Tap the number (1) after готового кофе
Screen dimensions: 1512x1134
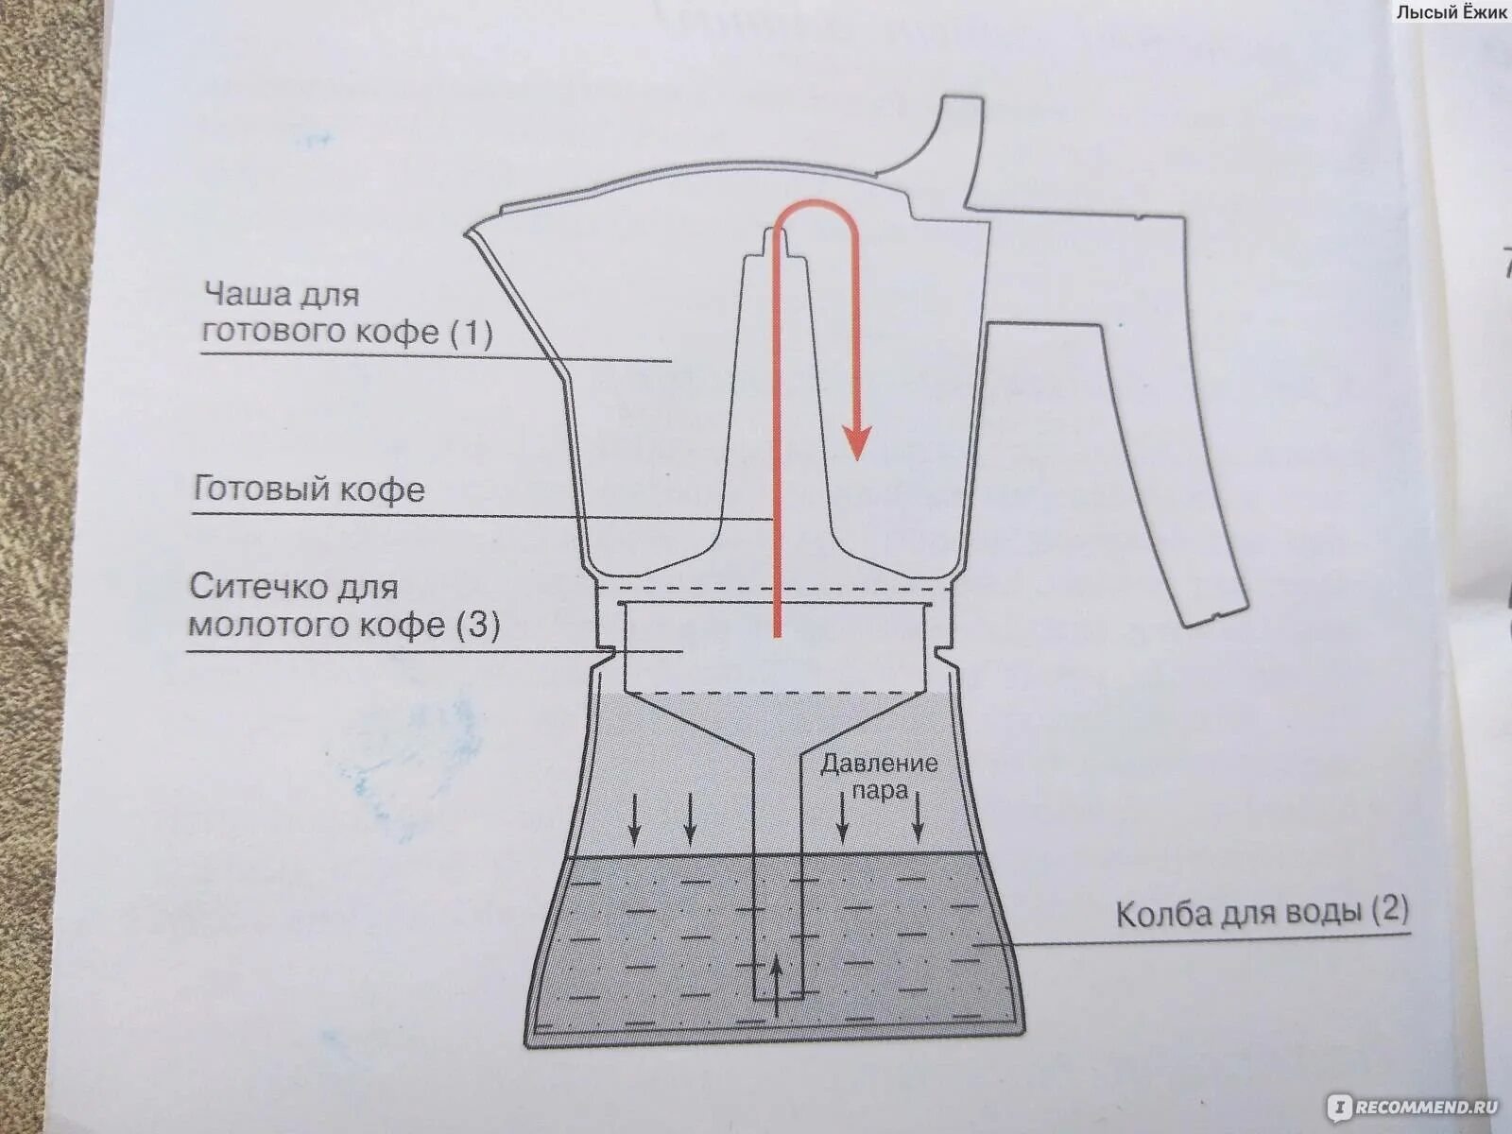(x=471, y=333)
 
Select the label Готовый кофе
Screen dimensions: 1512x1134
(x=309, y=490)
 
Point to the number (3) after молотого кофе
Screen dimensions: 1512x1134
(x=477, y=625)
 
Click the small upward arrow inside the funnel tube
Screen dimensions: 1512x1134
(x=777, y=983)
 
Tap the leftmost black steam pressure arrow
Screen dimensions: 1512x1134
(x=636, y=818)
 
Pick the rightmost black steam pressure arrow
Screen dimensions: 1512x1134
(x=917, y=818)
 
